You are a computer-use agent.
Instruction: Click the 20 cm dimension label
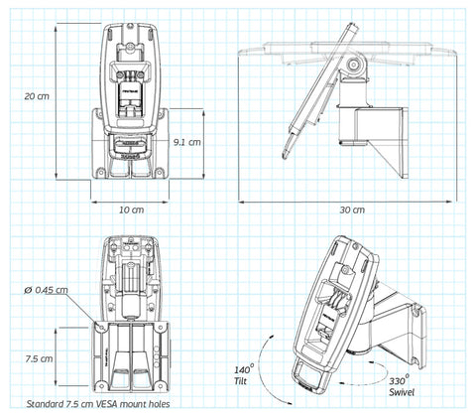37,96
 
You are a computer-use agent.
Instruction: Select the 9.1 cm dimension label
187,142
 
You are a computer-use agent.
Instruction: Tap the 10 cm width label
132,209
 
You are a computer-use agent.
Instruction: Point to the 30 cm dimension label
352,209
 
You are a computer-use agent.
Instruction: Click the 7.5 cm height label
39,358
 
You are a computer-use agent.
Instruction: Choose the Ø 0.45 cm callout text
46,290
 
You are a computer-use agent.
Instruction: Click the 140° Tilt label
244,375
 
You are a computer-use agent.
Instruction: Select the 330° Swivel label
402,386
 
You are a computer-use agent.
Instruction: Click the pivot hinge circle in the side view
354,64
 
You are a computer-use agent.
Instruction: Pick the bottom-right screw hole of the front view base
160,172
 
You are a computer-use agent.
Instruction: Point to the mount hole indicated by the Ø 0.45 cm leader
101,328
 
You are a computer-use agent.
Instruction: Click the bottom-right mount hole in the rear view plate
162,385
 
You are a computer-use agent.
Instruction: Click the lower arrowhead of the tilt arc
289,403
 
